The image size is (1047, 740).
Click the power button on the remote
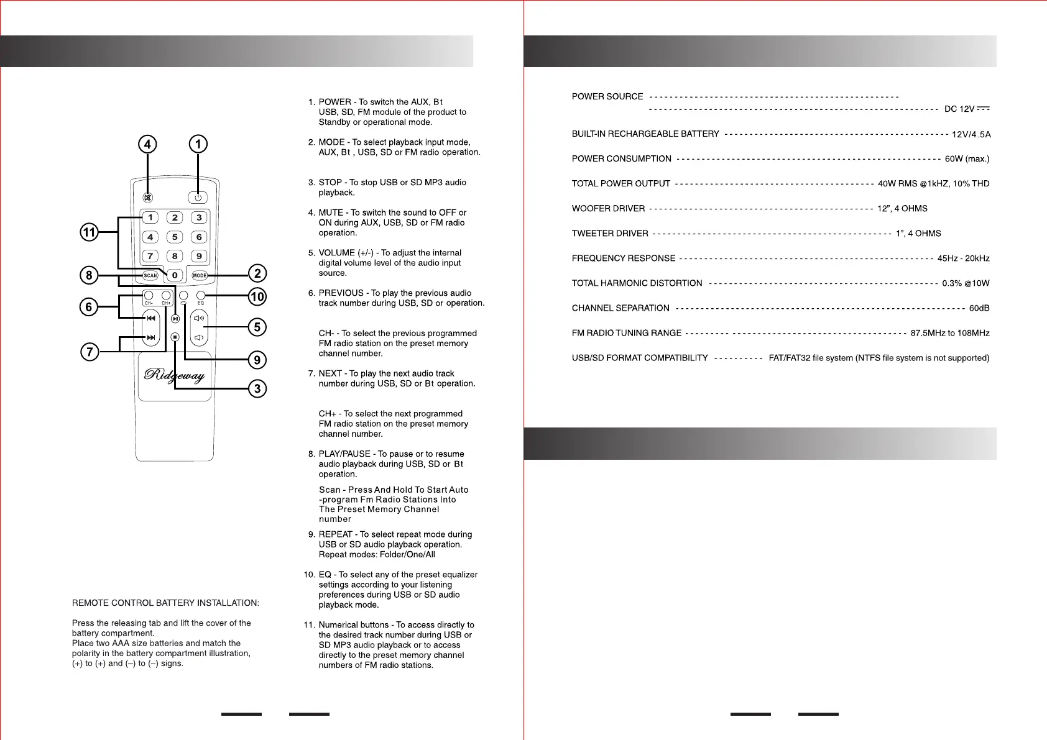click(198, 198)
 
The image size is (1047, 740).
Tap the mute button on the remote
click(148, 198)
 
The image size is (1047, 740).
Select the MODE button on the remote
click(200, 275)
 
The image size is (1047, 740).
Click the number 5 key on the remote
click(175, 237)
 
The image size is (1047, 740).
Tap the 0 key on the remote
click(175, 275)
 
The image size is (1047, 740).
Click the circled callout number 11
click(90, 232)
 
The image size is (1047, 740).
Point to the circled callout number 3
click(257, 389)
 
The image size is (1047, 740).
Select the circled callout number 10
click(257, 296)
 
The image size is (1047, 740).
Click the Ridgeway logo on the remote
click(175, 375)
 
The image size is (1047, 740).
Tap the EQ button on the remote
click(201, 296)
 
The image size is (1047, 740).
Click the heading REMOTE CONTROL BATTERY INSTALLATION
click(165, 603)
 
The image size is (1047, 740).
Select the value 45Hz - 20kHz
click(963, 258)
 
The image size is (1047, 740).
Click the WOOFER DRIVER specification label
click(608, 209)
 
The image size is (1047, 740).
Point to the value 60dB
click(979, 308)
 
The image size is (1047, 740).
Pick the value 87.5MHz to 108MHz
click(950, 333)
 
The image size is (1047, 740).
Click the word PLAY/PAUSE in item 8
click(344, 454)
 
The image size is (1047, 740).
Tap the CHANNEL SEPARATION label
click(620, 308)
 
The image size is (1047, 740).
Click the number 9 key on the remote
click(199, 256)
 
